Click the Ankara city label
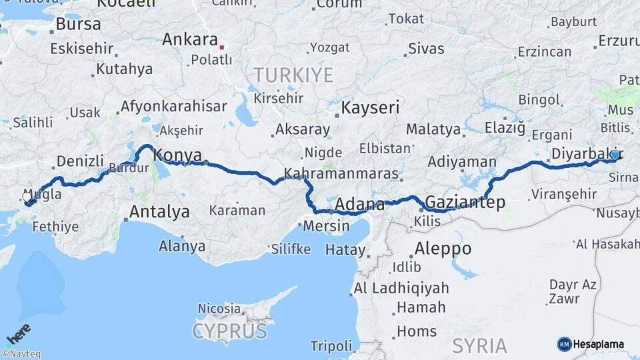(x=190, y=39)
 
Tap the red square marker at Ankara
(x=222, y=47)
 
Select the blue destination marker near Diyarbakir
(x=615, y=155)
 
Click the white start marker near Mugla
(x=27, y=196)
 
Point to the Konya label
(x=177, y=155)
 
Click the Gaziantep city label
(x=465, y=201)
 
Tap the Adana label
(x=359, y=204)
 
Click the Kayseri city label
(x=370, y=107)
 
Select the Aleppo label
(x=443, y=249)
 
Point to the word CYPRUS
(x=229, y=331)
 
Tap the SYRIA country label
(x=479, y=345)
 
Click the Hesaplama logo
(x=591, y=344)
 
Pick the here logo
(x=19, y=333)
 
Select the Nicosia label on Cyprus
(x=219, y=309)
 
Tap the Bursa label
(x=78, y=25)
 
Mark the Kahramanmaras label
(x=341, y=174)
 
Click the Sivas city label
(x=425, y=48)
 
